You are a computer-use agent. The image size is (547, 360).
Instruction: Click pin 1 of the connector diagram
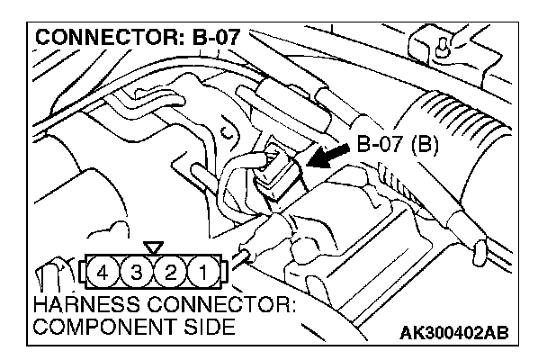pos(205,270)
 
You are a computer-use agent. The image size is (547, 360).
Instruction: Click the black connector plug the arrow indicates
pos(273,175)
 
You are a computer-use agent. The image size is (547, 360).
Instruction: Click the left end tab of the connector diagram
pos(88,270)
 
